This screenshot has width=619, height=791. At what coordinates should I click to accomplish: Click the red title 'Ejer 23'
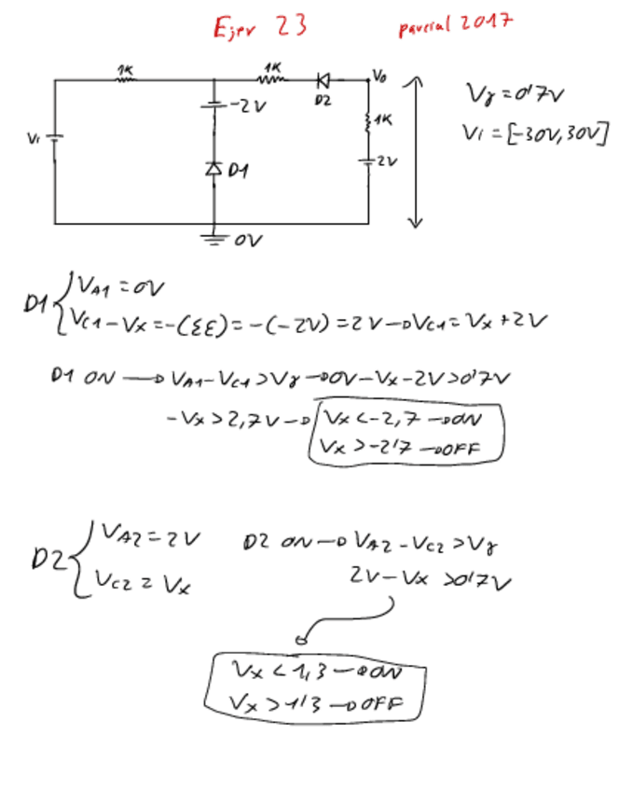click(259, 27)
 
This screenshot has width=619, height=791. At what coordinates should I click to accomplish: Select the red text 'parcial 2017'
click(454, 23)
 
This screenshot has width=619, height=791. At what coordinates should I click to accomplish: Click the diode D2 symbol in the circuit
click(324, 80)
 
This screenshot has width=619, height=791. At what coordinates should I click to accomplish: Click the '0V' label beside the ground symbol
click(249, 240)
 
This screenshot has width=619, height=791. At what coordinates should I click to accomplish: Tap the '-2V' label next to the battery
click(249, 106)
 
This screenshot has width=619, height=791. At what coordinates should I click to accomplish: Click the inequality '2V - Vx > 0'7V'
click(430, 582)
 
